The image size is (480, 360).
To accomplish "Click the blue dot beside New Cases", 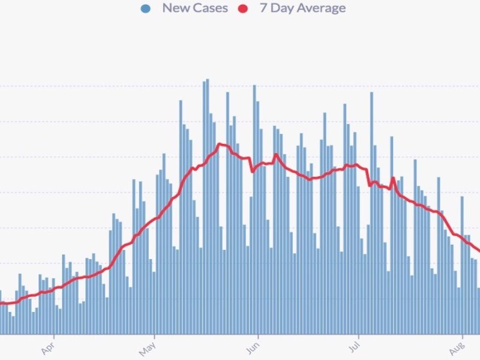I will point(146,9).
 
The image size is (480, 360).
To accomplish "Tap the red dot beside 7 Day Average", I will point(244,9).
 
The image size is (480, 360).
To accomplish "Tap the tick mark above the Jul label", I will point(358,336).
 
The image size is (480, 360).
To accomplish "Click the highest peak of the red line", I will point(220,144).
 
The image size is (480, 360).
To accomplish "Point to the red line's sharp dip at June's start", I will point(253,172).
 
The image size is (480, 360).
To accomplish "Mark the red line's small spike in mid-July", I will point(392,178).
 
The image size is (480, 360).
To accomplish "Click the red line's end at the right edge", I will point(478,251).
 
